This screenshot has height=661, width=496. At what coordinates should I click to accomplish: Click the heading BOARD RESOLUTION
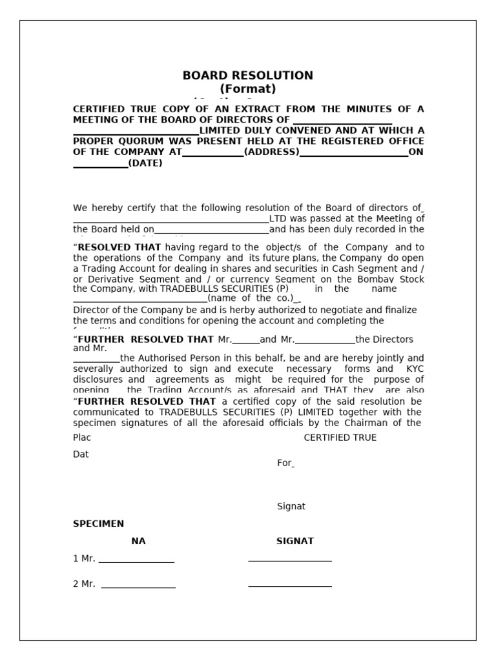point(247,76)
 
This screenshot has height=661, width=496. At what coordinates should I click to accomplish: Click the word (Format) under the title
point(247,89)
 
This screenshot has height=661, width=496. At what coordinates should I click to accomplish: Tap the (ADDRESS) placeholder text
point(272,152)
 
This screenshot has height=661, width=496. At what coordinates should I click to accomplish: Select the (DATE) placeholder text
point(145,163)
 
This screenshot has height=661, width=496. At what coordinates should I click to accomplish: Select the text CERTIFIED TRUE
point(340,438)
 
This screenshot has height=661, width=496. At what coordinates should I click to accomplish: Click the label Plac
point(82,438)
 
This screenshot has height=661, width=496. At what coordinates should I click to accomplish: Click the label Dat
point(81,454)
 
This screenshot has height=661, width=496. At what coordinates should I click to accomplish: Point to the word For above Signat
point(284,463)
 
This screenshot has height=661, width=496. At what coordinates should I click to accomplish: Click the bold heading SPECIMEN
point(98,524)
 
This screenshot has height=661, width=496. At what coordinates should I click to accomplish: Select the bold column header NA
point(138,541)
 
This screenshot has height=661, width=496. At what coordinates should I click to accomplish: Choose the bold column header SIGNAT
point(294,541)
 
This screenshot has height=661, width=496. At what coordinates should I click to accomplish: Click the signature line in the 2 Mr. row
point(289,585)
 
